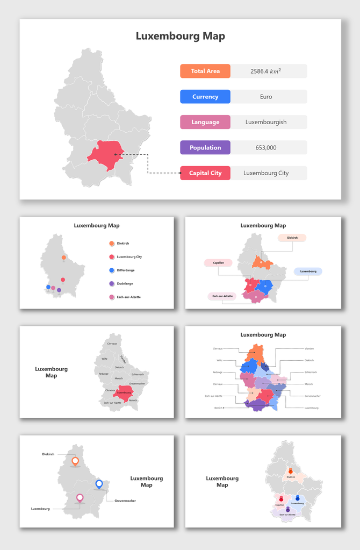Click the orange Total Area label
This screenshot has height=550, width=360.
(205, 71)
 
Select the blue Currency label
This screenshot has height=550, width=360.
(205, 97)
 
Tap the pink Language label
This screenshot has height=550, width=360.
(205, 122)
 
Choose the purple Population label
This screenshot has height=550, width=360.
(205, 147)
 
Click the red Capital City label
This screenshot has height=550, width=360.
(205, 173)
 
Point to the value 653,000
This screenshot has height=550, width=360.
(266, 147)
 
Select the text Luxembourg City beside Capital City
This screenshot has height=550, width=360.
(266, 173)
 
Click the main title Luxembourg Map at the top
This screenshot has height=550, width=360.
(180, 37)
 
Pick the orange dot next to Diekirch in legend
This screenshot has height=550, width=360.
(111, 244)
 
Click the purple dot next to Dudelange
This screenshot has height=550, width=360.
(111, 283)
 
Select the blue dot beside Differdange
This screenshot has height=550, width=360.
(111, 270)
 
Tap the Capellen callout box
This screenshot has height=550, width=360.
(218, 263)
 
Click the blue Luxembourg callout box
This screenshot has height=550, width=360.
(308, 272)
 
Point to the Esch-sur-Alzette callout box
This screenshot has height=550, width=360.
(222, 296)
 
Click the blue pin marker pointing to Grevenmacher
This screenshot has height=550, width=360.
(99, 484)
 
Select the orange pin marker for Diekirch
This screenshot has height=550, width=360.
(75, 461)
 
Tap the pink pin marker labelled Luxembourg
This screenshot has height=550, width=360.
(80, 498)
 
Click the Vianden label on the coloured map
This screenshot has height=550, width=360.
(308, 348)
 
